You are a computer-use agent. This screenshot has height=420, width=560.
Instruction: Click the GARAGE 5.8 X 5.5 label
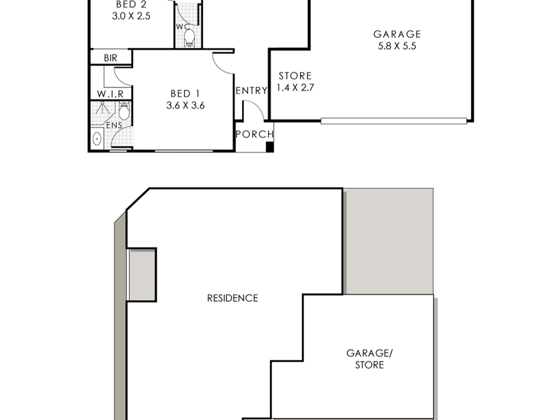(397, 40)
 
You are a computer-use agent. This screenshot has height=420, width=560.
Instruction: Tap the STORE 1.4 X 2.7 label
(295, 82)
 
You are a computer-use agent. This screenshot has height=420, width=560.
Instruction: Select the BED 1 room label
(185, 99)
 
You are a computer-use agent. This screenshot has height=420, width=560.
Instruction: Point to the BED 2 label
(131, 10)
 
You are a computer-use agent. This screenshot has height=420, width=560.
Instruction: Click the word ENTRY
(251, 90)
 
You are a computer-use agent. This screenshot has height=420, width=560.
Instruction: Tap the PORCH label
(255, 134)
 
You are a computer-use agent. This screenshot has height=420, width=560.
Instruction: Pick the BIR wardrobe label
(111, 58)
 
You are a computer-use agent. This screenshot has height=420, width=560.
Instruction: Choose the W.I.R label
(110, 94)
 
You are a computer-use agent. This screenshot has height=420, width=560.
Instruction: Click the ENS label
(114, 125)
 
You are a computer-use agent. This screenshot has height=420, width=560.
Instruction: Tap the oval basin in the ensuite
(97, 139)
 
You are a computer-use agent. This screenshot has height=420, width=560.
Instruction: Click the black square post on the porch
(270, 147)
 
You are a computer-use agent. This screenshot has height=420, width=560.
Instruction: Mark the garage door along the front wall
(393, 121)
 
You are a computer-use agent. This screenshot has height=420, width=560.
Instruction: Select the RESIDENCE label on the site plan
(232, 298)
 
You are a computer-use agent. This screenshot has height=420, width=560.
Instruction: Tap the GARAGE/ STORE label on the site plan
(369, 359)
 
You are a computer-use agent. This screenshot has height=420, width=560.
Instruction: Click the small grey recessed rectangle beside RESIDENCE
(142, 275)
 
